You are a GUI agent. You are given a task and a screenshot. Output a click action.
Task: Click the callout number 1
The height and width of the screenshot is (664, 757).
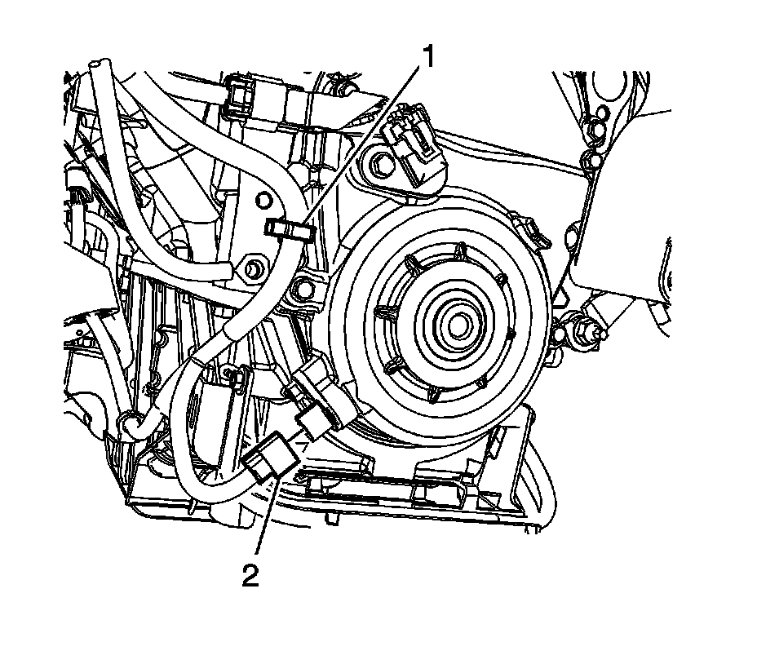[427, 57]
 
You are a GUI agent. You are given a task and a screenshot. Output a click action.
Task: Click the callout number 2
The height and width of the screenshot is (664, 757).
[250, 576]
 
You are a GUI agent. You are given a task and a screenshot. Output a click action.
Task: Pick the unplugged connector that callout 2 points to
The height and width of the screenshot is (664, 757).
[270, 457]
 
